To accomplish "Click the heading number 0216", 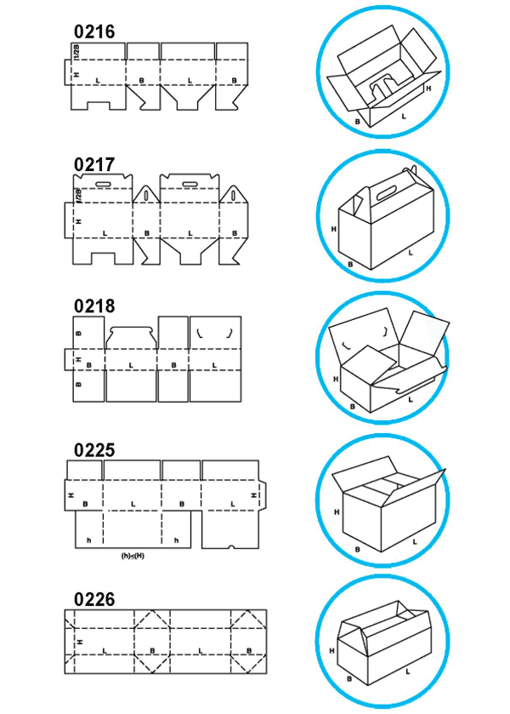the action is [x=94, y=31].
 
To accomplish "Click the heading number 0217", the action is [x=94, y=164].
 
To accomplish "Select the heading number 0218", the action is [x=94, y=306].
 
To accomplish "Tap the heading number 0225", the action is [x=94, y=450].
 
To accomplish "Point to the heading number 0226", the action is [x=94, y=599].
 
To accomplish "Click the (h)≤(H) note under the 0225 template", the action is [x=133, y=556].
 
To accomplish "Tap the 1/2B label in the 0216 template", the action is [x=76, y=52].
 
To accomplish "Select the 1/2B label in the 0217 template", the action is [x=78, y=196].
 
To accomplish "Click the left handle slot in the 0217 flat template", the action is [x=105, y=184].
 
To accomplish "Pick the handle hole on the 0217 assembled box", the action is [x=387, y=192].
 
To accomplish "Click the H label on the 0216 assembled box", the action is [x=428, y=89].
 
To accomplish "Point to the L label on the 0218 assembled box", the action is [x=411, y=400].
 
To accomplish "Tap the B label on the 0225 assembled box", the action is [x=357, y=550].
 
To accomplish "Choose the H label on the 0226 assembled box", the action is [x=332, y=651].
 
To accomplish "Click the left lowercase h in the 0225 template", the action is [x=88, y=540].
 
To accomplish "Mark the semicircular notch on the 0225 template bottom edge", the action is [x=231, y=546].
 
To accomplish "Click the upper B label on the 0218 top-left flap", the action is [x=78, y=334].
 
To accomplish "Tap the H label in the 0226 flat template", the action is [x=81, y=642].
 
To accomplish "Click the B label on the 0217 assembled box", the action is [x=350, y=264].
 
